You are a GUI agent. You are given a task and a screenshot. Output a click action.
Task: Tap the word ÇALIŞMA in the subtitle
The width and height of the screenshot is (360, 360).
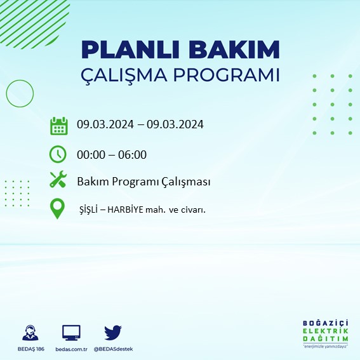tap(130, 75)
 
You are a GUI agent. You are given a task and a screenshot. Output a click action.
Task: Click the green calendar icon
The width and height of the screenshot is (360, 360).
tap(58, 125)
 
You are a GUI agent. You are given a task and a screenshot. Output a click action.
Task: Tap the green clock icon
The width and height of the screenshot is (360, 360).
tap(58, 154)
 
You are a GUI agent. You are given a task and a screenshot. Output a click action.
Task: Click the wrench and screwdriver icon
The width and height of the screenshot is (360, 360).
tap(58, 181)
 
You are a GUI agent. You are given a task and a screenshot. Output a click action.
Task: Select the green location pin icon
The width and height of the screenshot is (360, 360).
tap(58, 209)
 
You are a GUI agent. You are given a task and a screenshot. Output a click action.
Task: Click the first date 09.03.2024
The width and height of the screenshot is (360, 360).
tap(103, 124)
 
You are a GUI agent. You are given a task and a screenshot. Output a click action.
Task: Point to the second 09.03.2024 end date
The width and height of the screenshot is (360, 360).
tap(175, 124)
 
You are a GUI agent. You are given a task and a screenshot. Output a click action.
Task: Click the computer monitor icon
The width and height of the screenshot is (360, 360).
tap(71, 333)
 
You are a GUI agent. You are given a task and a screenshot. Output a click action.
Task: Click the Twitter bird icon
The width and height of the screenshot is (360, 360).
tap(112, 332)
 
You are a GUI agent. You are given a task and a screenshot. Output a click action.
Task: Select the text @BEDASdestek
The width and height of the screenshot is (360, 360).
tap(113, 349)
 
